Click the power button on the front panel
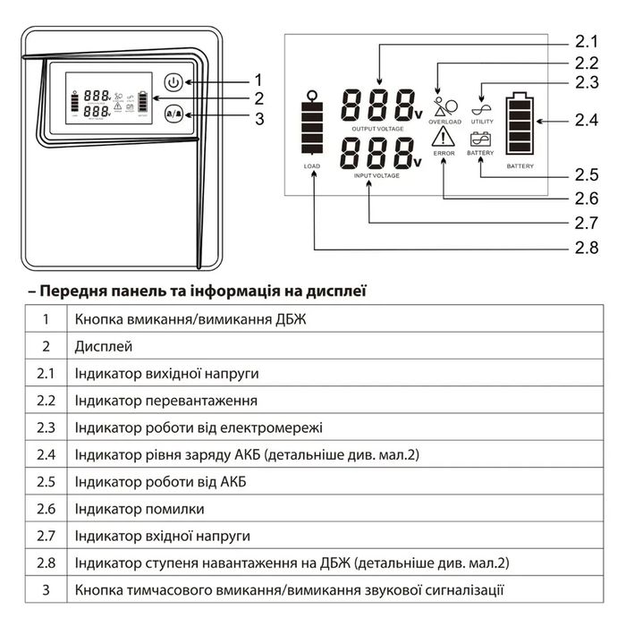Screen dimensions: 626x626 [174, 83]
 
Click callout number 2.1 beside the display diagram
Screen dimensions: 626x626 [586, 42]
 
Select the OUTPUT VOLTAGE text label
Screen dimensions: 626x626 [378, 129]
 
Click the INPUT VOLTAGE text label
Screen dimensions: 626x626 [378, 176]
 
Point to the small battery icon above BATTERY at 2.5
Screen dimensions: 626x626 [480, 140]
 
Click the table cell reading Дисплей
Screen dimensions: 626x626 [104, 346]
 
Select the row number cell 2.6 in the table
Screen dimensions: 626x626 [46, 509]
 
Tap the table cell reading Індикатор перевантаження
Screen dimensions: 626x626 [166, 401]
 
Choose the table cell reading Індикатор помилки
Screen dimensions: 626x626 [140, 509]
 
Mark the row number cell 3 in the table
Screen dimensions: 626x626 [46, 590]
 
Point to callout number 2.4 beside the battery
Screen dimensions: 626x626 [586, 119]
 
